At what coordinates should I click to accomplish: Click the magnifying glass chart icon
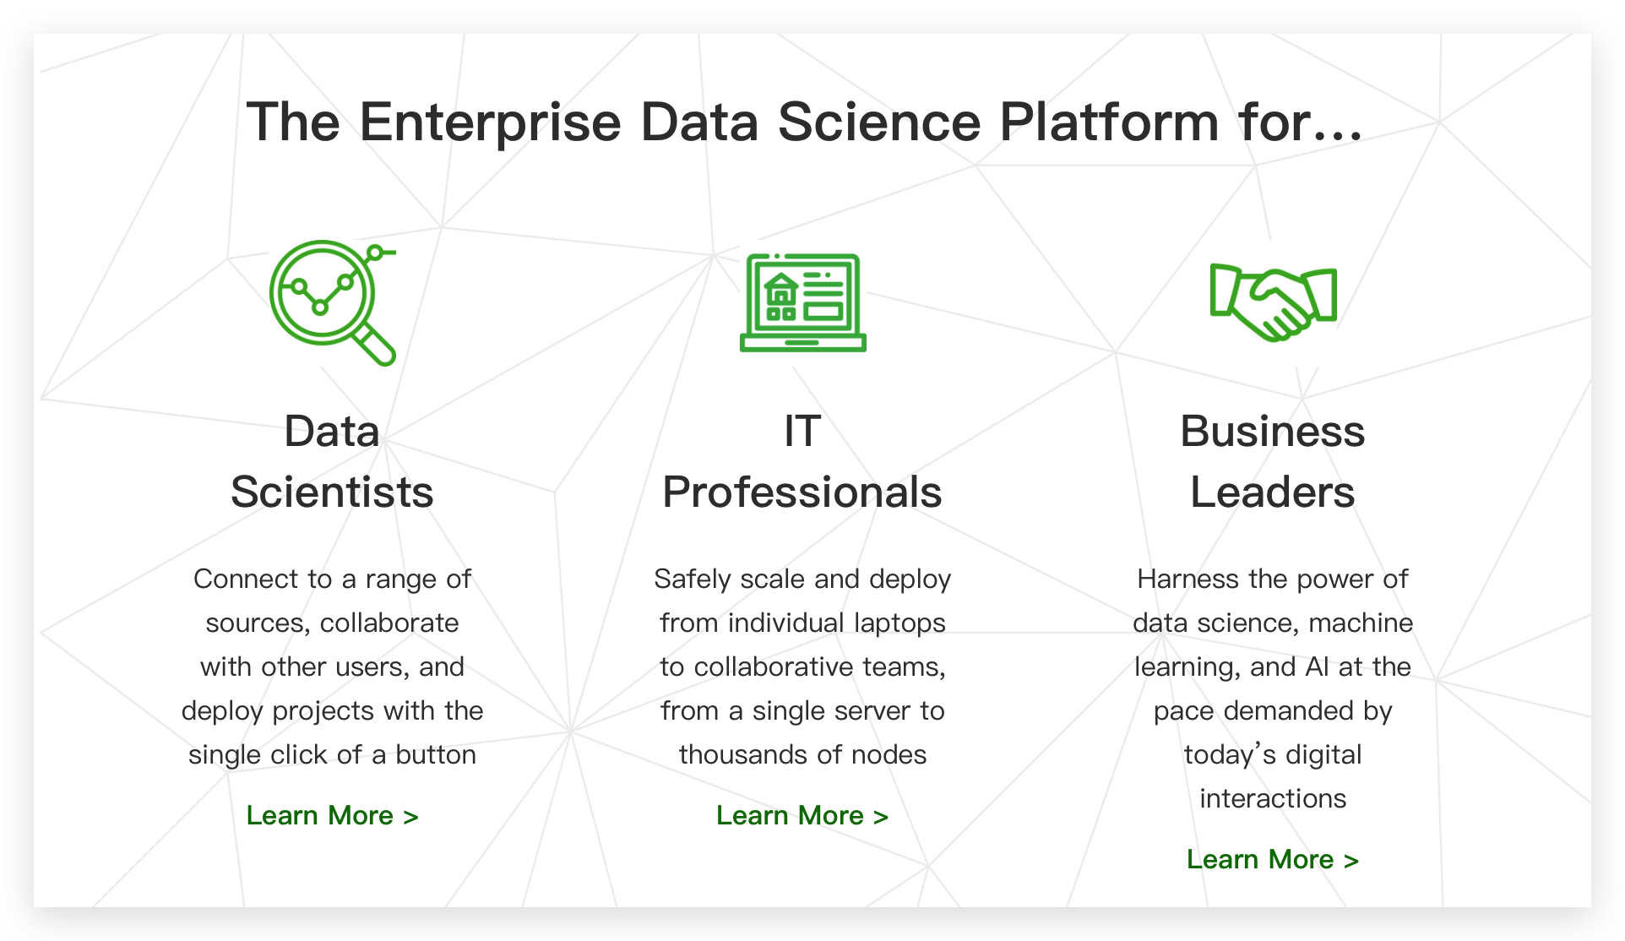[x=332, y=302]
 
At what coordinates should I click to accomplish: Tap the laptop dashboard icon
[x=802, y=302]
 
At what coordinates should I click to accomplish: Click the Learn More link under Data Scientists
[x=332, y=815]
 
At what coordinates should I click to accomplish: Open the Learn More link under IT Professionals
[x=802, y=815]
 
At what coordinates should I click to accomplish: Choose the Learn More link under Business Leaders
[x=1273, y=859]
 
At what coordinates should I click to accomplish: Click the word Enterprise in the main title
[x=490, y=122]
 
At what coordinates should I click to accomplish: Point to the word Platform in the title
[x=1109, y=122]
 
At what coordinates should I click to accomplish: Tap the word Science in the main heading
[x=878, y=122]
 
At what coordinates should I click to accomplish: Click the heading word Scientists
[x=332, y=492]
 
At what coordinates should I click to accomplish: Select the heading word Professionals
[x=802, y=492]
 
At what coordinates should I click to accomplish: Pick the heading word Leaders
[x=1273, y=492]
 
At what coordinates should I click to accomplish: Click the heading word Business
[x=1273, y=431]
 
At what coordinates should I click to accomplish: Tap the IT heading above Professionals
[x=802, y=431]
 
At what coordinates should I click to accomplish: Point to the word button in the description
[x=436, y=754]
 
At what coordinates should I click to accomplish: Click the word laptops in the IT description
[x=899, y=623]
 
